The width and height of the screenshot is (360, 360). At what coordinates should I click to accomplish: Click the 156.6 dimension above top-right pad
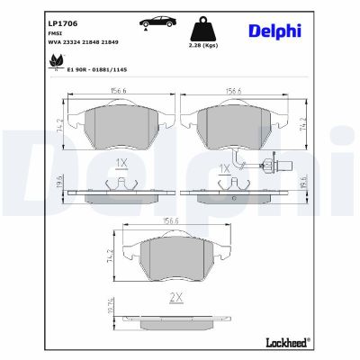[x=234, y=89]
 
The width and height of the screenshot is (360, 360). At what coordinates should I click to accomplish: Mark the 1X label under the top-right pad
[x=226, y=168]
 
